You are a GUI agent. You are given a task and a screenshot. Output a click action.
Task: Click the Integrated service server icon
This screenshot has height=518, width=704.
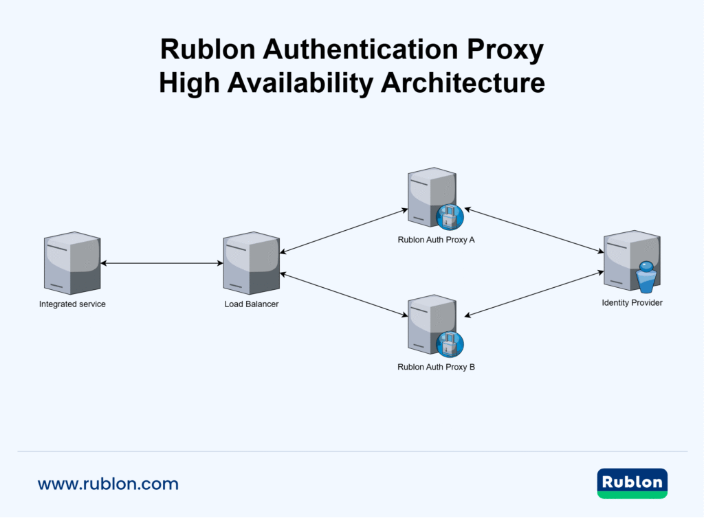(x=72, y=263)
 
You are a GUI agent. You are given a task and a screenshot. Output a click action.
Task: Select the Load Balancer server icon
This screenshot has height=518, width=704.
(x=251, y=263)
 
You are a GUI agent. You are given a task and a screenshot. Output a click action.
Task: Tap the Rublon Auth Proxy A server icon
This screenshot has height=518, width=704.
(x=430, y=197)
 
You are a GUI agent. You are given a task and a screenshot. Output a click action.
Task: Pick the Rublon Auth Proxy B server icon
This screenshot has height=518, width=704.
(x=430, y=325)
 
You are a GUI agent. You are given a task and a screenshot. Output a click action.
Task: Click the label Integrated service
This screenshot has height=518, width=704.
(x=72, y=304)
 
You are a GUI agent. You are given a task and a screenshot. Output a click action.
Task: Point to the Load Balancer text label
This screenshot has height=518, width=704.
(x=252, y=304)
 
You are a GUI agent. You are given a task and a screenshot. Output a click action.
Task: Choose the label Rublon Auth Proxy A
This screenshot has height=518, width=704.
(x=436, y=240)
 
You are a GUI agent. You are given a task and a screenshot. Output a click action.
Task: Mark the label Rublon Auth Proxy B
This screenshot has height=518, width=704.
(x=436, y=367)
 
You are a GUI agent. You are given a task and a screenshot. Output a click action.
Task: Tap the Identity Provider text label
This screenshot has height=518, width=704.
(x=632, y=302)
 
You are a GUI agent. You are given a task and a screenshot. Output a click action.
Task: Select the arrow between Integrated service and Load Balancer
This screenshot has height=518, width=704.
(x=162, y=263)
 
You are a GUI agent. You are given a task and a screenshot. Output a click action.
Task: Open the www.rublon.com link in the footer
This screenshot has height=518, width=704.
(x=108, y=484)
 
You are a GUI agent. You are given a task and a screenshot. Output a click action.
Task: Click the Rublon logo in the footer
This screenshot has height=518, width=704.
(x=632, y=483)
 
